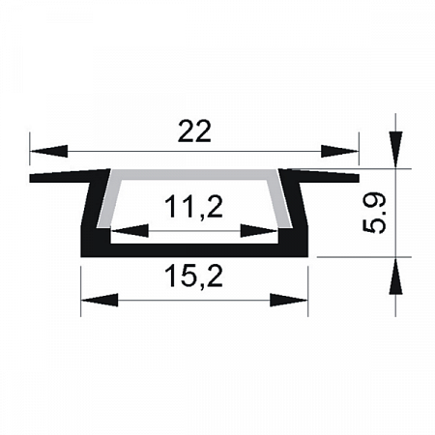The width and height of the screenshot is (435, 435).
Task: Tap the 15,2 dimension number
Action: click(194, 278)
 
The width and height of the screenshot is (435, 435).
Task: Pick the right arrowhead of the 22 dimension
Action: click(340, 151)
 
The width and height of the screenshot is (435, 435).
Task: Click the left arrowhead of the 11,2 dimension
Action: click(130, 231)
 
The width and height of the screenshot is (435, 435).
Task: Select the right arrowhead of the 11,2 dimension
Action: click(259, 231)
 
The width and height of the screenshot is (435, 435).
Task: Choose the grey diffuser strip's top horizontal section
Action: click(194, 175)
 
